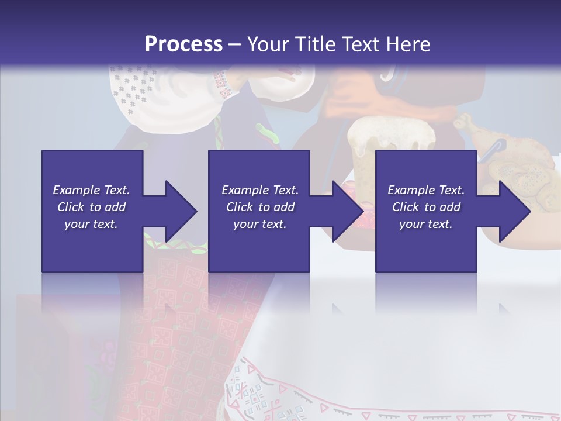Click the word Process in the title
click(183, 44)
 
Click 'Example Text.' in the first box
click(91, 190)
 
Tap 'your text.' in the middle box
click(259, 224)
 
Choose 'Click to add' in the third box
click(426, 207)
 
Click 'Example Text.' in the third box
click(426, 190)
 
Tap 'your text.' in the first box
click(91, 224)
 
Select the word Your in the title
click(268, 44)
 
